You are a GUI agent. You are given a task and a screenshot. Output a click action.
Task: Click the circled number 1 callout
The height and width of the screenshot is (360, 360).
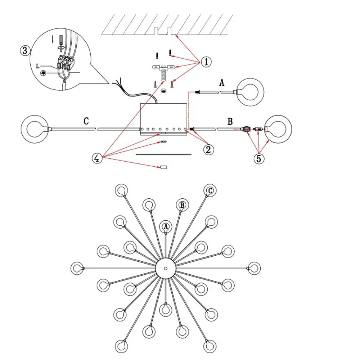click(206, 62)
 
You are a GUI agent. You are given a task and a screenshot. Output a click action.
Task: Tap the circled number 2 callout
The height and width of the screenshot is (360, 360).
click(208, 149)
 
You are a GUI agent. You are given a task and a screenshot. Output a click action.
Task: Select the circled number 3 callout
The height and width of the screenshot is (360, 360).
click(25, 50)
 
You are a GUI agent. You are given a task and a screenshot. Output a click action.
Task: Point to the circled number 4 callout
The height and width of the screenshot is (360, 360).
click(97, 158)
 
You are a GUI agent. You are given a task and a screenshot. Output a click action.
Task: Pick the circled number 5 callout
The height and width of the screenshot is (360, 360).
click(259, 158)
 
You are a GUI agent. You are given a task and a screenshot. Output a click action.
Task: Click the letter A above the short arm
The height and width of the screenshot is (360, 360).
click(221, 82)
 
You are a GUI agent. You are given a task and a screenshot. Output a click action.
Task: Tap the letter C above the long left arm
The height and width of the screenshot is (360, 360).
click(86, 121)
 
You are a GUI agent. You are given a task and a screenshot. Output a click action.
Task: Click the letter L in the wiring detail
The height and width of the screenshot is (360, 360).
click(38, 66)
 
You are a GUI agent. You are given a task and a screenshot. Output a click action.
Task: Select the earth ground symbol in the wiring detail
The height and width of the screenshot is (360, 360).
click(43, 73)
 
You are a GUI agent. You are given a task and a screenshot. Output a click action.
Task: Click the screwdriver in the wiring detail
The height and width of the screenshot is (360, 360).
click(60, 43)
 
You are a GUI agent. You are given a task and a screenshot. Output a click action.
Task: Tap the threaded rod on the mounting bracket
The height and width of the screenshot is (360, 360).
click(163, 74)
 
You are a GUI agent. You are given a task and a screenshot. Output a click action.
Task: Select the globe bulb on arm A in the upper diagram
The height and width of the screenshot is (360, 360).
click(250, 92)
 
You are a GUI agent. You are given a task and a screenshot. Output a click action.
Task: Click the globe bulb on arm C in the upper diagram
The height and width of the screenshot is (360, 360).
click(35, 129)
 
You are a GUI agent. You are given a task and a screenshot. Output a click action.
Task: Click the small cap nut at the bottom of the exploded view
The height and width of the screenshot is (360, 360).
click(163, 167)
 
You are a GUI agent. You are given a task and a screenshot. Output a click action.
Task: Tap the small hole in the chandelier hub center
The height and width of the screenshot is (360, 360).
click(166, 268)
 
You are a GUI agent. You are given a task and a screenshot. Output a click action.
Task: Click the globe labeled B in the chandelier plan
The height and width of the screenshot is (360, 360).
click(182, 205)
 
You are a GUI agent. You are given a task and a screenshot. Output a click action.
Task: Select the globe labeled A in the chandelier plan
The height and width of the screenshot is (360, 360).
click(166, 226)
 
